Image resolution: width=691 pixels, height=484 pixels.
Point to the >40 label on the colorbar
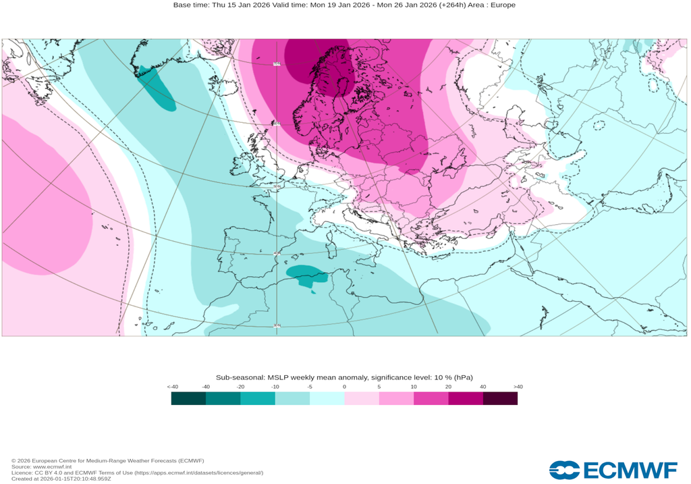click(518, 387)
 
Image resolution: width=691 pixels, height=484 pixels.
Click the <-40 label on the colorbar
click(173, 387)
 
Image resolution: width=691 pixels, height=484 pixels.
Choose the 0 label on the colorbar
click(344, 387)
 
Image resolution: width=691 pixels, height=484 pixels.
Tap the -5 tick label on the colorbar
click(310, 387)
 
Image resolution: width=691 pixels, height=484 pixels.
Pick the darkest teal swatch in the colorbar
click(188, 398)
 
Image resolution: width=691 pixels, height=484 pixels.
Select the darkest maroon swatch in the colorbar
click(500, 398)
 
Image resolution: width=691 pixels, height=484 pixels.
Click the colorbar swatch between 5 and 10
click(396, 398)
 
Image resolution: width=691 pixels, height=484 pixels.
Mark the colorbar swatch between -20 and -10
click(258, 398)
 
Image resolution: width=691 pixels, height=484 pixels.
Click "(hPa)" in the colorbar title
click(463, 377)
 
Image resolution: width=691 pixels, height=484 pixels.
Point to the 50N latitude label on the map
click(277, 187)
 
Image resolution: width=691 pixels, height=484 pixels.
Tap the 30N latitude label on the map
click(277, 326)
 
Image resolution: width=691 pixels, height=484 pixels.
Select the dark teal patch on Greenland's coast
click(158, 88)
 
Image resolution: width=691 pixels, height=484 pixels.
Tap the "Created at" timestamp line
click(61, 479)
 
